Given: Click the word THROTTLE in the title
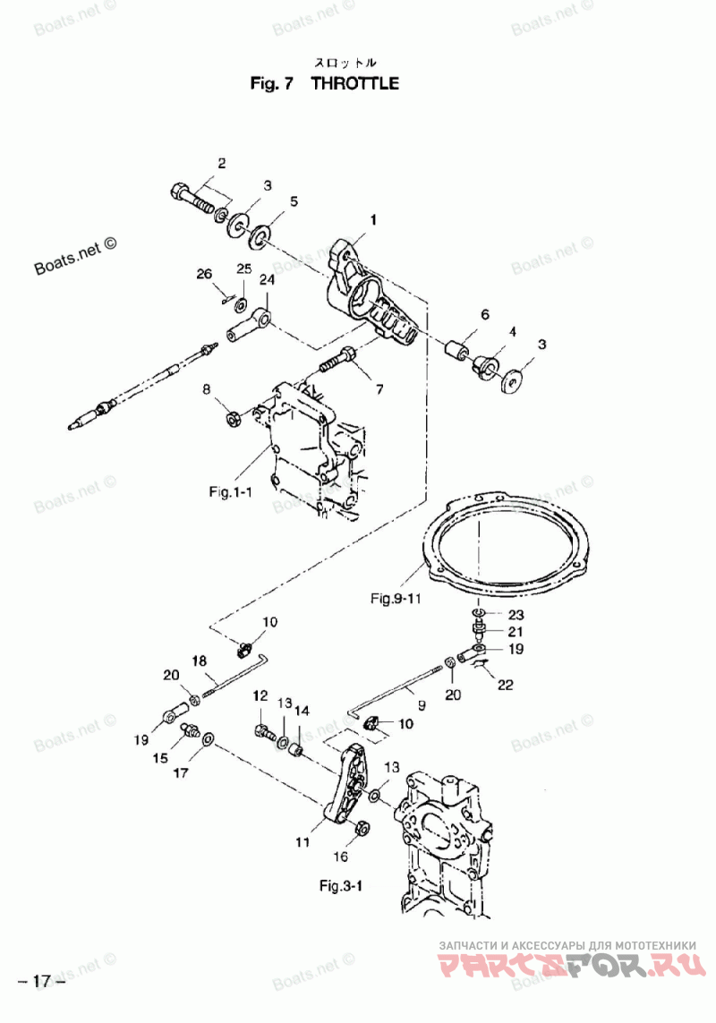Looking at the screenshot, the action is click(x=355, y=83).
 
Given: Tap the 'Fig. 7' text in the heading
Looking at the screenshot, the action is click(x=272, y=83).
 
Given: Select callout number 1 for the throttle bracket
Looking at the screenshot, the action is click(x=373, y=220).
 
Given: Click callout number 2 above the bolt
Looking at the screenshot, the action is click(x=222, y=163).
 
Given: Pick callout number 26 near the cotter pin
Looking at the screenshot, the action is click(x=205, y=273).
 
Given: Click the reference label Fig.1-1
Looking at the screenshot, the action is click(x=230, y=491).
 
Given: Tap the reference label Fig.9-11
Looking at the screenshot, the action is click(x=396, y=598).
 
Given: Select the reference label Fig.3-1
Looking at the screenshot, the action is click(x=341, y=885).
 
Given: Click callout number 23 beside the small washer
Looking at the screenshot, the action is click(x=516, y=615).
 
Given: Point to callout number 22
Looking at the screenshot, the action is click(x=505, y=685).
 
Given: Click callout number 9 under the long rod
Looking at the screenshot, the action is click(x=422, y=704).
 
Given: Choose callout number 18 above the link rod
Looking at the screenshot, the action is click(x=199, y=661).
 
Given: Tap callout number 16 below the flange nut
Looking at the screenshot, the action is click(x=341, y=857).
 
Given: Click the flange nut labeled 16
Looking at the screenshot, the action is click(x=363, y=827).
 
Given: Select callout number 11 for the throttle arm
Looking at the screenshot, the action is click(x=303, y=842).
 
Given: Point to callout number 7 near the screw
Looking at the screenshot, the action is click(x=379, y=389).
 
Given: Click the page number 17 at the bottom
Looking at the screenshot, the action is click(x=42, y=981).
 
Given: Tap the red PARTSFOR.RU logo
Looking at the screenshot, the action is click(x=573, y=964).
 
